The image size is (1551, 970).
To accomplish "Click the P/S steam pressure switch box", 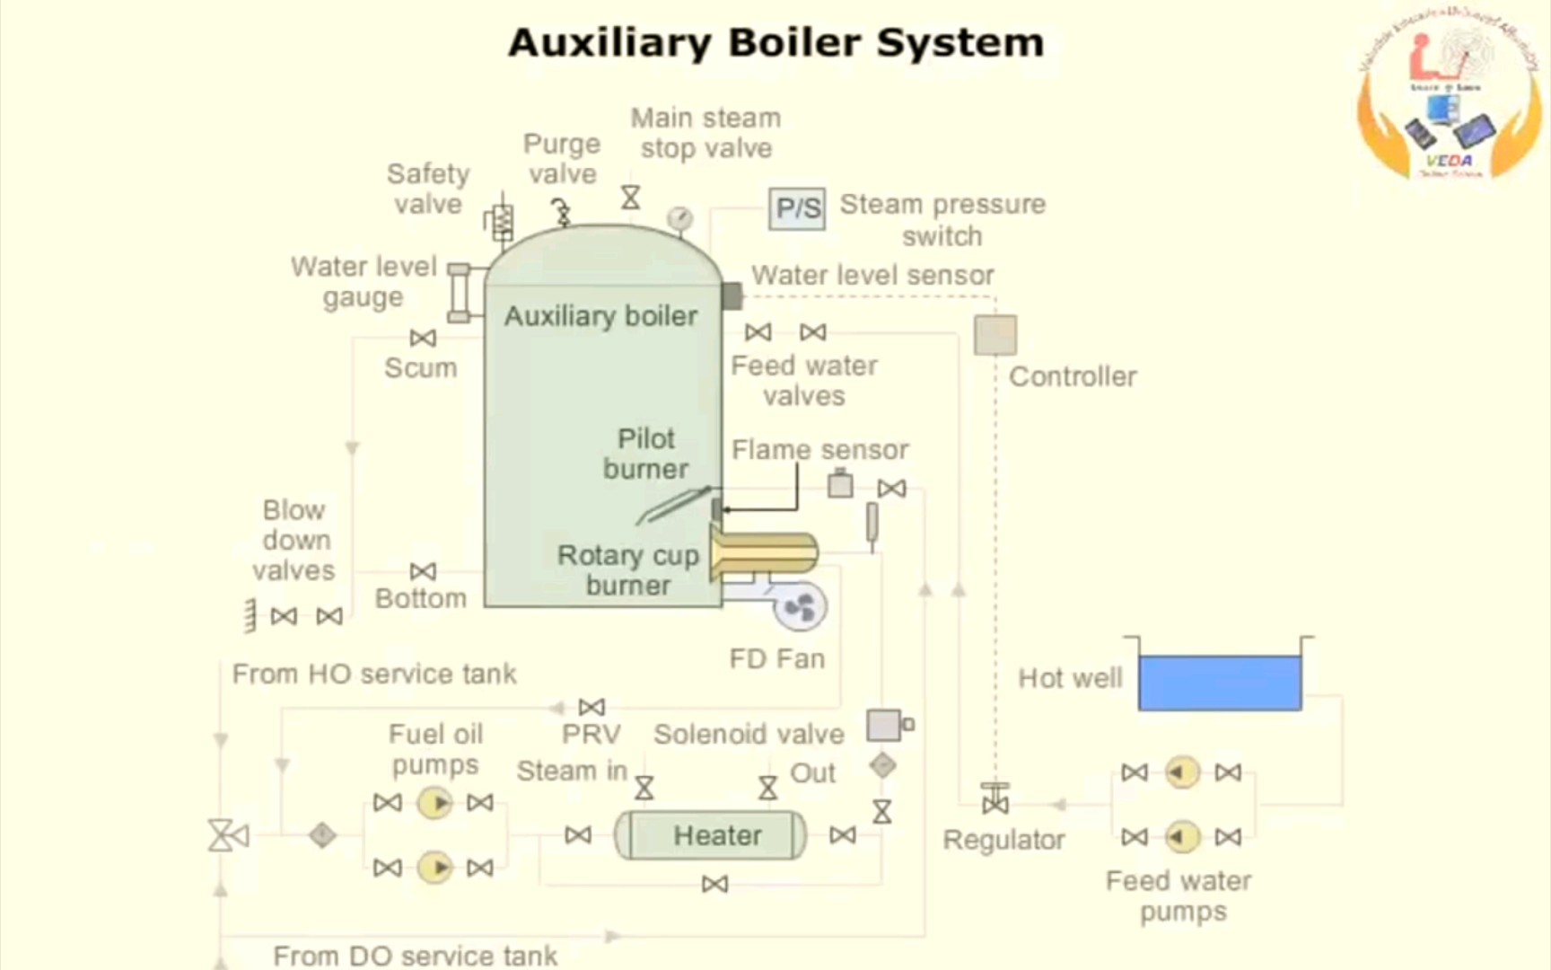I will click(x=797, y=209).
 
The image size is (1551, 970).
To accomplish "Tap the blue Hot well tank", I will click(x=1220, y=683).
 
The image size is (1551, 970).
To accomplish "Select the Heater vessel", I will click(x=711, y=835).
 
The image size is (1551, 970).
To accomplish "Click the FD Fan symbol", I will click(x=799, y=608).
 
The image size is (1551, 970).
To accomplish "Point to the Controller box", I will click(x=995, y=335).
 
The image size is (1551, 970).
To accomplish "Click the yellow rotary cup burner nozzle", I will click(x=765, y=552).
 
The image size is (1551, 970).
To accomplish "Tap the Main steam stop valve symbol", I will click(x=631, y=198).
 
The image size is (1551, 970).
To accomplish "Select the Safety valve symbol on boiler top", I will click(x=501, y=219).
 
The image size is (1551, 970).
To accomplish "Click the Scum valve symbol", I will click(x=423, y=338).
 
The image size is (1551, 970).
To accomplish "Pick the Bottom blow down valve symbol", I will click(x=423, y=571).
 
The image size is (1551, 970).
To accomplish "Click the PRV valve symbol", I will click(x=591, y=707).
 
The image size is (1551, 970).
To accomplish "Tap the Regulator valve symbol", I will click(x=995, y=799).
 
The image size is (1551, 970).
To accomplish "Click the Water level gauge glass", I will click(x=459, y=293).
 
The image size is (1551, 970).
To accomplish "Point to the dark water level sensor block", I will click(x=732, y=295).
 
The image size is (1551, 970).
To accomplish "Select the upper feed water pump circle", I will click(x=1181, y=772).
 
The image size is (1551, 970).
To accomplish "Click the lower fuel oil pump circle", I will click(x=435, y=868).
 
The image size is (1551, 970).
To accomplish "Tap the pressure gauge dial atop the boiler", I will click(x=679, y=217).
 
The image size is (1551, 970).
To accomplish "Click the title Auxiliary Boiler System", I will click(x=775, y=42).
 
